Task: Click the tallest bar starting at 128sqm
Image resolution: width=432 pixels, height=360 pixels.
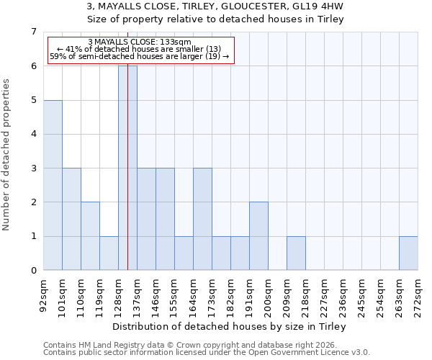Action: (x=127, y=168)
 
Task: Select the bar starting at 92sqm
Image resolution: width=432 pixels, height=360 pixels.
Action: (x=53, y=185)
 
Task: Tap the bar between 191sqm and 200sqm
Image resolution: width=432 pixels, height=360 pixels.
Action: (x=258, y=236)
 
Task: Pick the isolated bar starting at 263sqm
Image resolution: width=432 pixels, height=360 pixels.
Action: (x=408, y=253)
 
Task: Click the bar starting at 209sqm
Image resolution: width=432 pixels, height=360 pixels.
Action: (x=296, y=253)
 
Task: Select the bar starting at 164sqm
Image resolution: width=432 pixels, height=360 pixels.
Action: (x=202, y=219)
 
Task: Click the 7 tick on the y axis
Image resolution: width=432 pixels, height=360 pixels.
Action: (x=33, y=32)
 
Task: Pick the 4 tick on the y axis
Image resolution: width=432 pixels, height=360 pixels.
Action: (x=33, y=134)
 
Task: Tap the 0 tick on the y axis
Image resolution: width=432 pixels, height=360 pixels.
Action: (x=33, y=271)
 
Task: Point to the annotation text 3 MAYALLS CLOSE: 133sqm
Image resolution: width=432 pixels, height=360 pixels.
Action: (x=140, y=42)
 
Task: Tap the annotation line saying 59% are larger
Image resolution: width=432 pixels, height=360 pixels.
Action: (x=140, y=56)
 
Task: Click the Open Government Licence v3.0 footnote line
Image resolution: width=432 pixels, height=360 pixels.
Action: (x=207, y=353)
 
